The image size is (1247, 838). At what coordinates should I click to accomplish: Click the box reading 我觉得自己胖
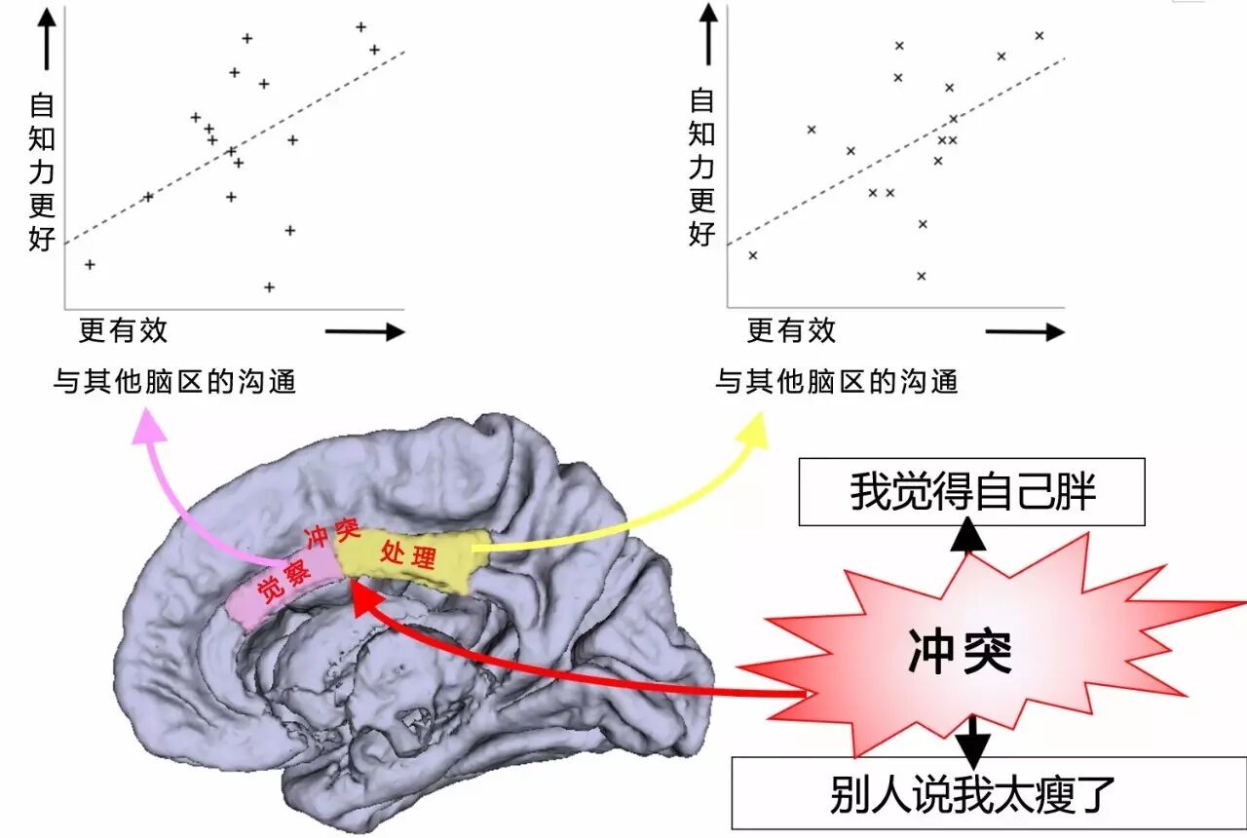pos(971,492)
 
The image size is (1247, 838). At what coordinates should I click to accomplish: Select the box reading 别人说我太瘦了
pos(971,793)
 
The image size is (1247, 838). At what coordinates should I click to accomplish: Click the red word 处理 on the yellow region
pos(408,555)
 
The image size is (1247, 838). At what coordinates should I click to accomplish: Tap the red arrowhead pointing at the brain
pos(365,596)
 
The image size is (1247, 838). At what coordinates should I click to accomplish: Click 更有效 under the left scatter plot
pos(123,331)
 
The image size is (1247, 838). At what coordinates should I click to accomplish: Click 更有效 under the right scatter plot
pos(791,331)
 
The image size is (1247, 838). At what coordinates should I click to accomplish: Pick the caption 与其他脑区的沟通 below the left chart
pos(174,382)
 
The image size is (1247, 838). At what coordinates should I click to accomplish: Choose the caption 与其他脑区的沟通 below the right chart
pos(836,382)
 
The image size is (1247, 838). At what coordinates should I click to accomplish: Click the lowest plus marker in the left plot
pos(269,287)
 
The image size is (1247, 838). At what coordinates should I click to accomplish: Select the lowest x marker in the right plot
pos(921,276)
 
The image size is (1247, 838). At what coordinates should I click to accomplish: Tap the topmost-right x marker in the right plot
pos(1039,36)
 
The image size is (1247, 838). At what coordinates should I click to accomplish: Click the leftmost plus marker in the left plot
pos(90,264)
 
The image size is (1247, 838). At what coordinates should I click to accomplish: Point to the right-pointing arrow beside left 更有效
pos(364,332)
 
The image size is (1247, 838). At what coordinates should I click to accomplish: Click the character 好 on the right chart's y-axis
pos(702,234)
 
